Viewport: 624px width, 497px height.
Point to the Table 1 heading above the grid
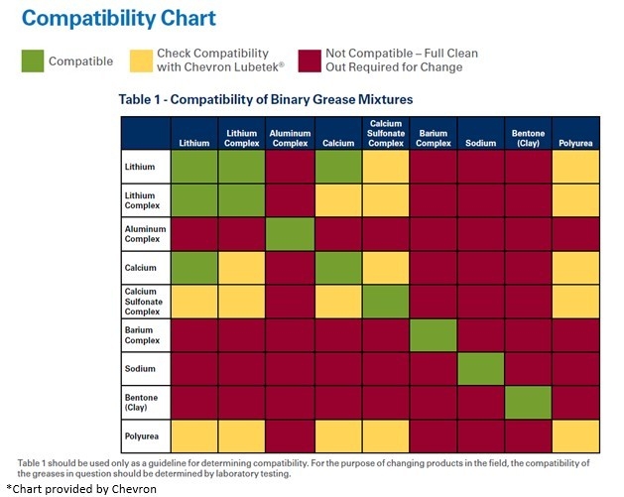pos(265,100)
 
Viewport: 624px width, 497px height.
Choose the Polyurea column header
pos(575,143)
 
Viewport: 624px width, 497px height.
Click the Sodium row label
pos(139,369)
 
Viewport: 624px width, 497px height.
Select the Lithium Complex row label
pos(141,200)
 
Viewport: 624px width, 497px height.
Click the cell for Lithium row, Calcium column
pos(338,167)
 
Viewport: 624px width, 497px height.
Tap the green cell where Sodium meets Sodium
pos(481,369)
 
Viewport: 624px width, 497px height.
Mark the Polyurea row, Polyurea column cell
pos(576,436)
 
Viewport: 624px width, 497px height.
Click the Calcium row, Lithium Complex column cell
pos(242,268)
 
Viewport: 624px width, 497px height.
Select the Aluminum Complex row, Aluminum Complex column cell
pos(290,234)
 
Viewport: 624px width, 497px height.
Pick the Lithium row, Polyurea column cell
pos(576,167)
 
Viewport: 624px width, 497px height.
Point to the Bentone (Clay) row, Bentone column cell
pos(529,403)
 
